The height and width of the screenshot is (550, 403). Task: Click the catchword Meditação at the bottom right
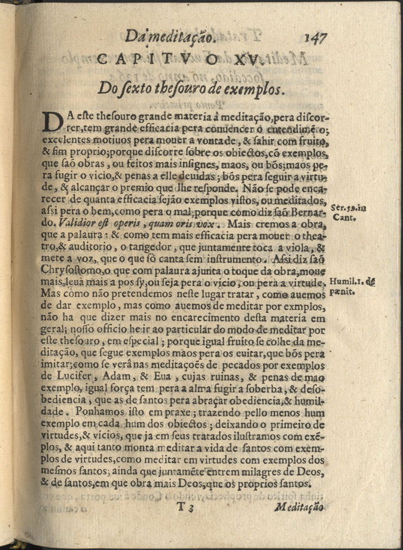[x=297, y=507]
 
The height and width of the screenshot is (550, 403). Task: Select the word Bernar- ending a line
[x=309, y=213]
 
